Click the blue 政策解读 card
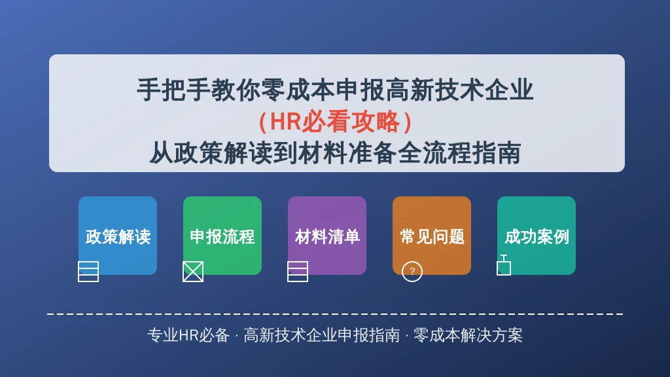[118, 236]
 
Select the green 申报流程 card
[222, 236]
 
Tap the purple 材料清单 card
[327, 236]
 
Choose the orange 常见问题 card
[432, 236]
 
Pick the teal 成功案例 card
[537, 236]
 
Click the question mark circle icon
[412, 271]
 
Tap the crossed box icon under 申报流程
[193, 271]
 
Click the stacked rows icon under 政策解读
[88, 271]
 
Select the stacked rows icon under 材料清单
[298, 271]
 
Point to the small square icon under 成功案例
[504, 268]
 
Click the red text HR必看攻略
[335, 122]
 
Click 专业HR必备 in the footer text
[188, 336]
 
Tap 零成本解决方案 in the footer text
[468, 336]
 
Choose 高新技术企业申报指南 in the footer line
[321, 336]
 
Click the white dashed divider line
[335, 314]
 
